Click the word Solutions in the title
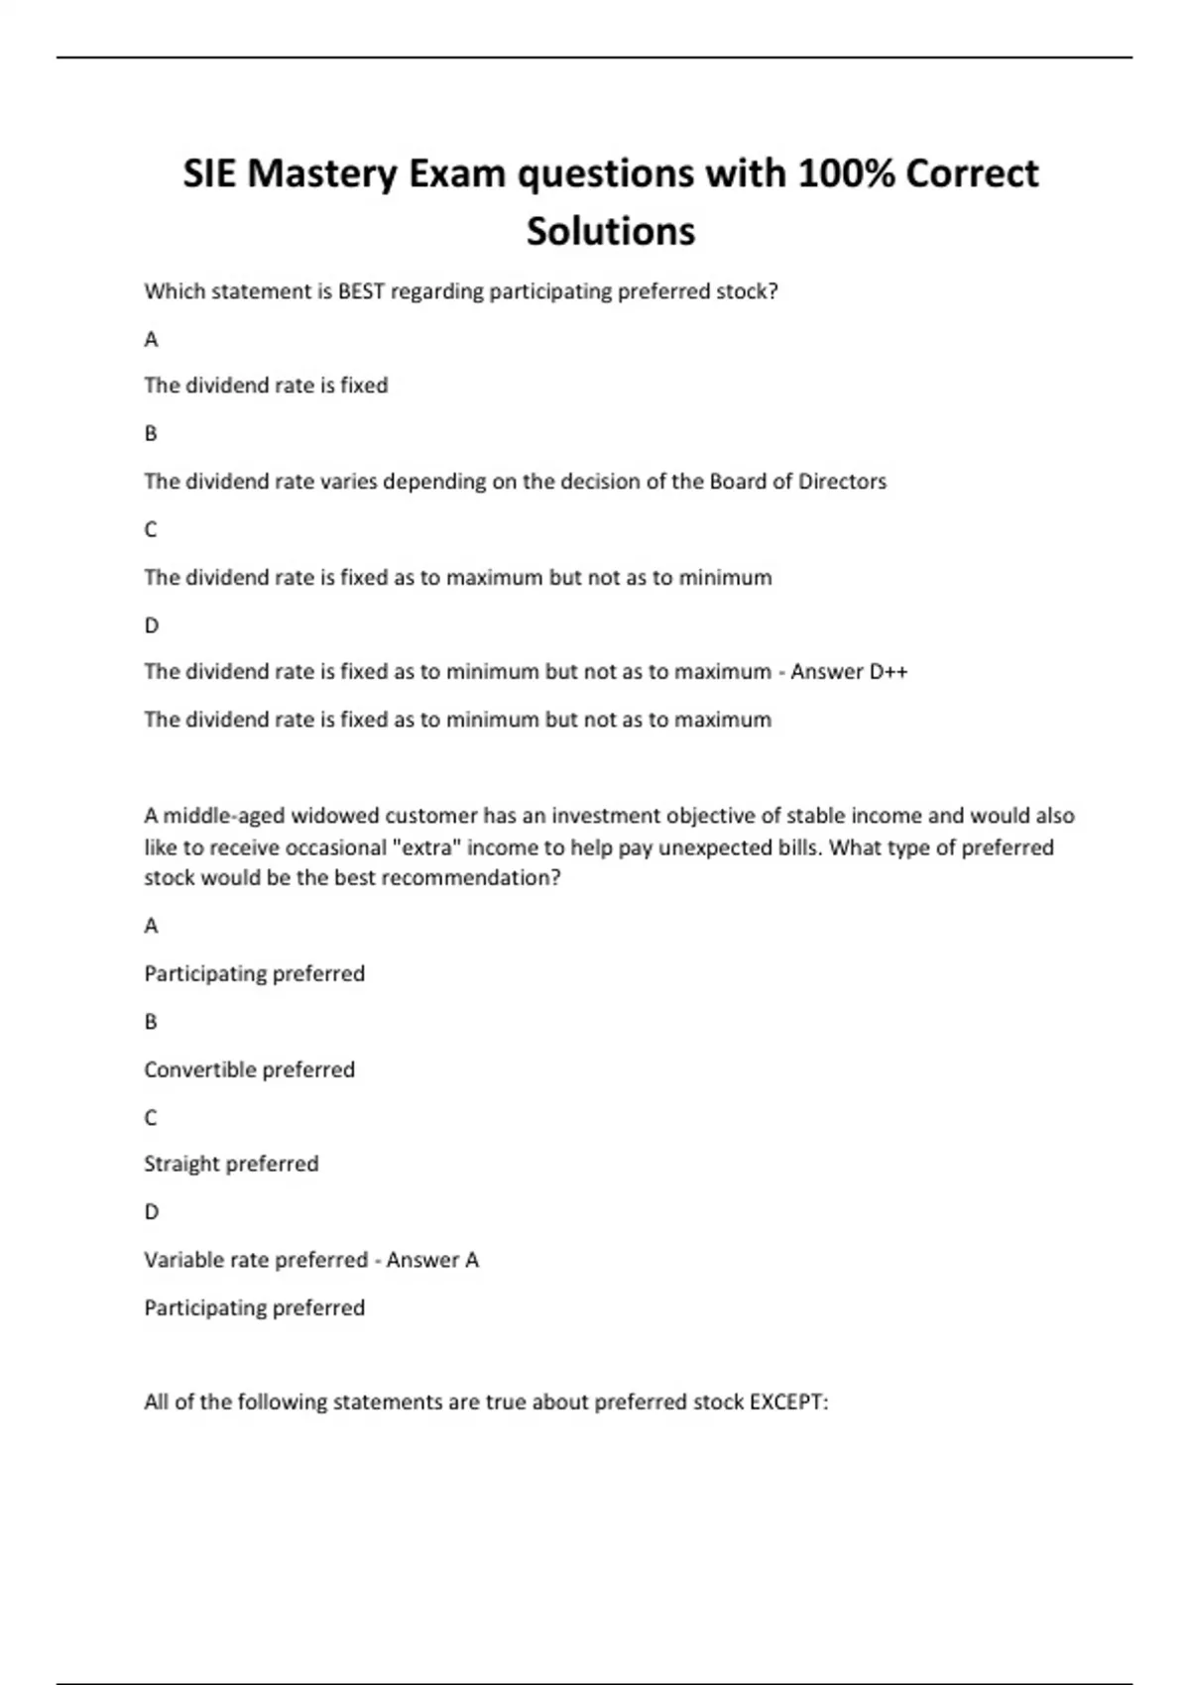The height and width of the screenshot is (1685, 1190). point(610,232)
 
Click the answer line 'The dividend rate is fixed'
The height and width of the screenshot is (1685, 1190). point(266,386)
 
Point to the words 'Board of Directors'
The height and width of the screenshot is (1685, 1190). point(797,482)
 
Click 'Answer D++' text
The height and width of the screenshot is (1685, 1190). point(849,672)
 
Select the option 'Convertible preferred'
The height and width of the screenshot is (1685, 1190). point(249,1069)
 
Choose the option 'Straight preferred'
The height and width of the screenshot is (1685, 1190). point(231,1164)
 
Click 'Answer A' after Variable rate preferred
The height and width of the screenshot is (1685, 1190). point(432,1260)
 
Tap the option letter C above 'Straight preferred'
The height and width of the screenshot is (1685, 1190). point(151,1118)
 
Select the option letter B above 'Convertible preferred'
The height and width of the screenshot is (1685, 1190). point(151,1022)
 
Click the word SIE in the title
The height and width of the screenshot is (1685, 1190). point(210,174)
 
